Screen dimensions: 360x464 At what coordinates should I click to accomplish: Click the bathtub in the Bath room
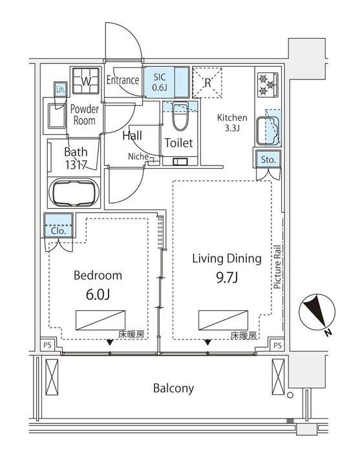pos(74,193)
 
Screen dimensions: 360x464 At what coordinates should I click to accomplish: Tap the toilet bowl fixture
pos(180,116)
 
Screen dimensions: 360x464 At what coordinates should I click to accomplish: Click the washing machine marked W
pos(86,81)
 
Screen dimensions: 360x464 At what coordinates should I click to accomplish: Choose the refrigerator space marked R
pos(207,83)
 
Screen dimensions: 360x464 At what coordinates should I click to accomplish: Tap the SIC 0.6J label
pos(160,82)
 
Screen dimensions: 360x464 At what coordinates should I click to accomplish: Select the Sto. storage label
pos(268,160)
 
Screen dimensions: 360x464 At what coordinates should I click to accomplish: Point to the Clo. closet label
pos(59,231)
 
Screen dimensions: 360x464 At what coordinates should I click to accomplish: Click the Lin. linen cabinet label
pos(60,89)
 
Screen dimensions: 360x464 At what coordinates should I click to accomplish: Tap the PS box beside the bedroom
pos(47,345)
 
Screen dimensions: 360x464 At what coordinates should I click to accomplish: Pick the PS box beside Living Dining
pos(277,345)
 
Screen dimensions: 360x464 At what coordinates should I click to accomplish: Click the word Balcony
pos(173,388)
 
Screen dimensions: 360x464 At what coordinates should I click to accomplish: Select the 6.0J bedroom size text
pos(98,294)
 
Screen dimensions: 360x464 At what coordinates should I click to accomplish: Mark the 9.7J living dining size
pos(227,278)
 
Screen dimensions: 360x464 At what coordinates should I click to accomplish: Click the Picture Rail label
pos(277,267)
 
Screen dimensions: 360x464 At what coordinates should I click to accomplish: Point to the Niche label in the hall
pos(138,156)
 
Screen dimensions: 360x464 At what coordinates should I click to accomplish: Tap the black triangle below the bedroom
pos(110,343)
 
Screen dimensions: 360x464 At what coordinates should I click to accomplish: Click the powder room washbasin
pos(57,116)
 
